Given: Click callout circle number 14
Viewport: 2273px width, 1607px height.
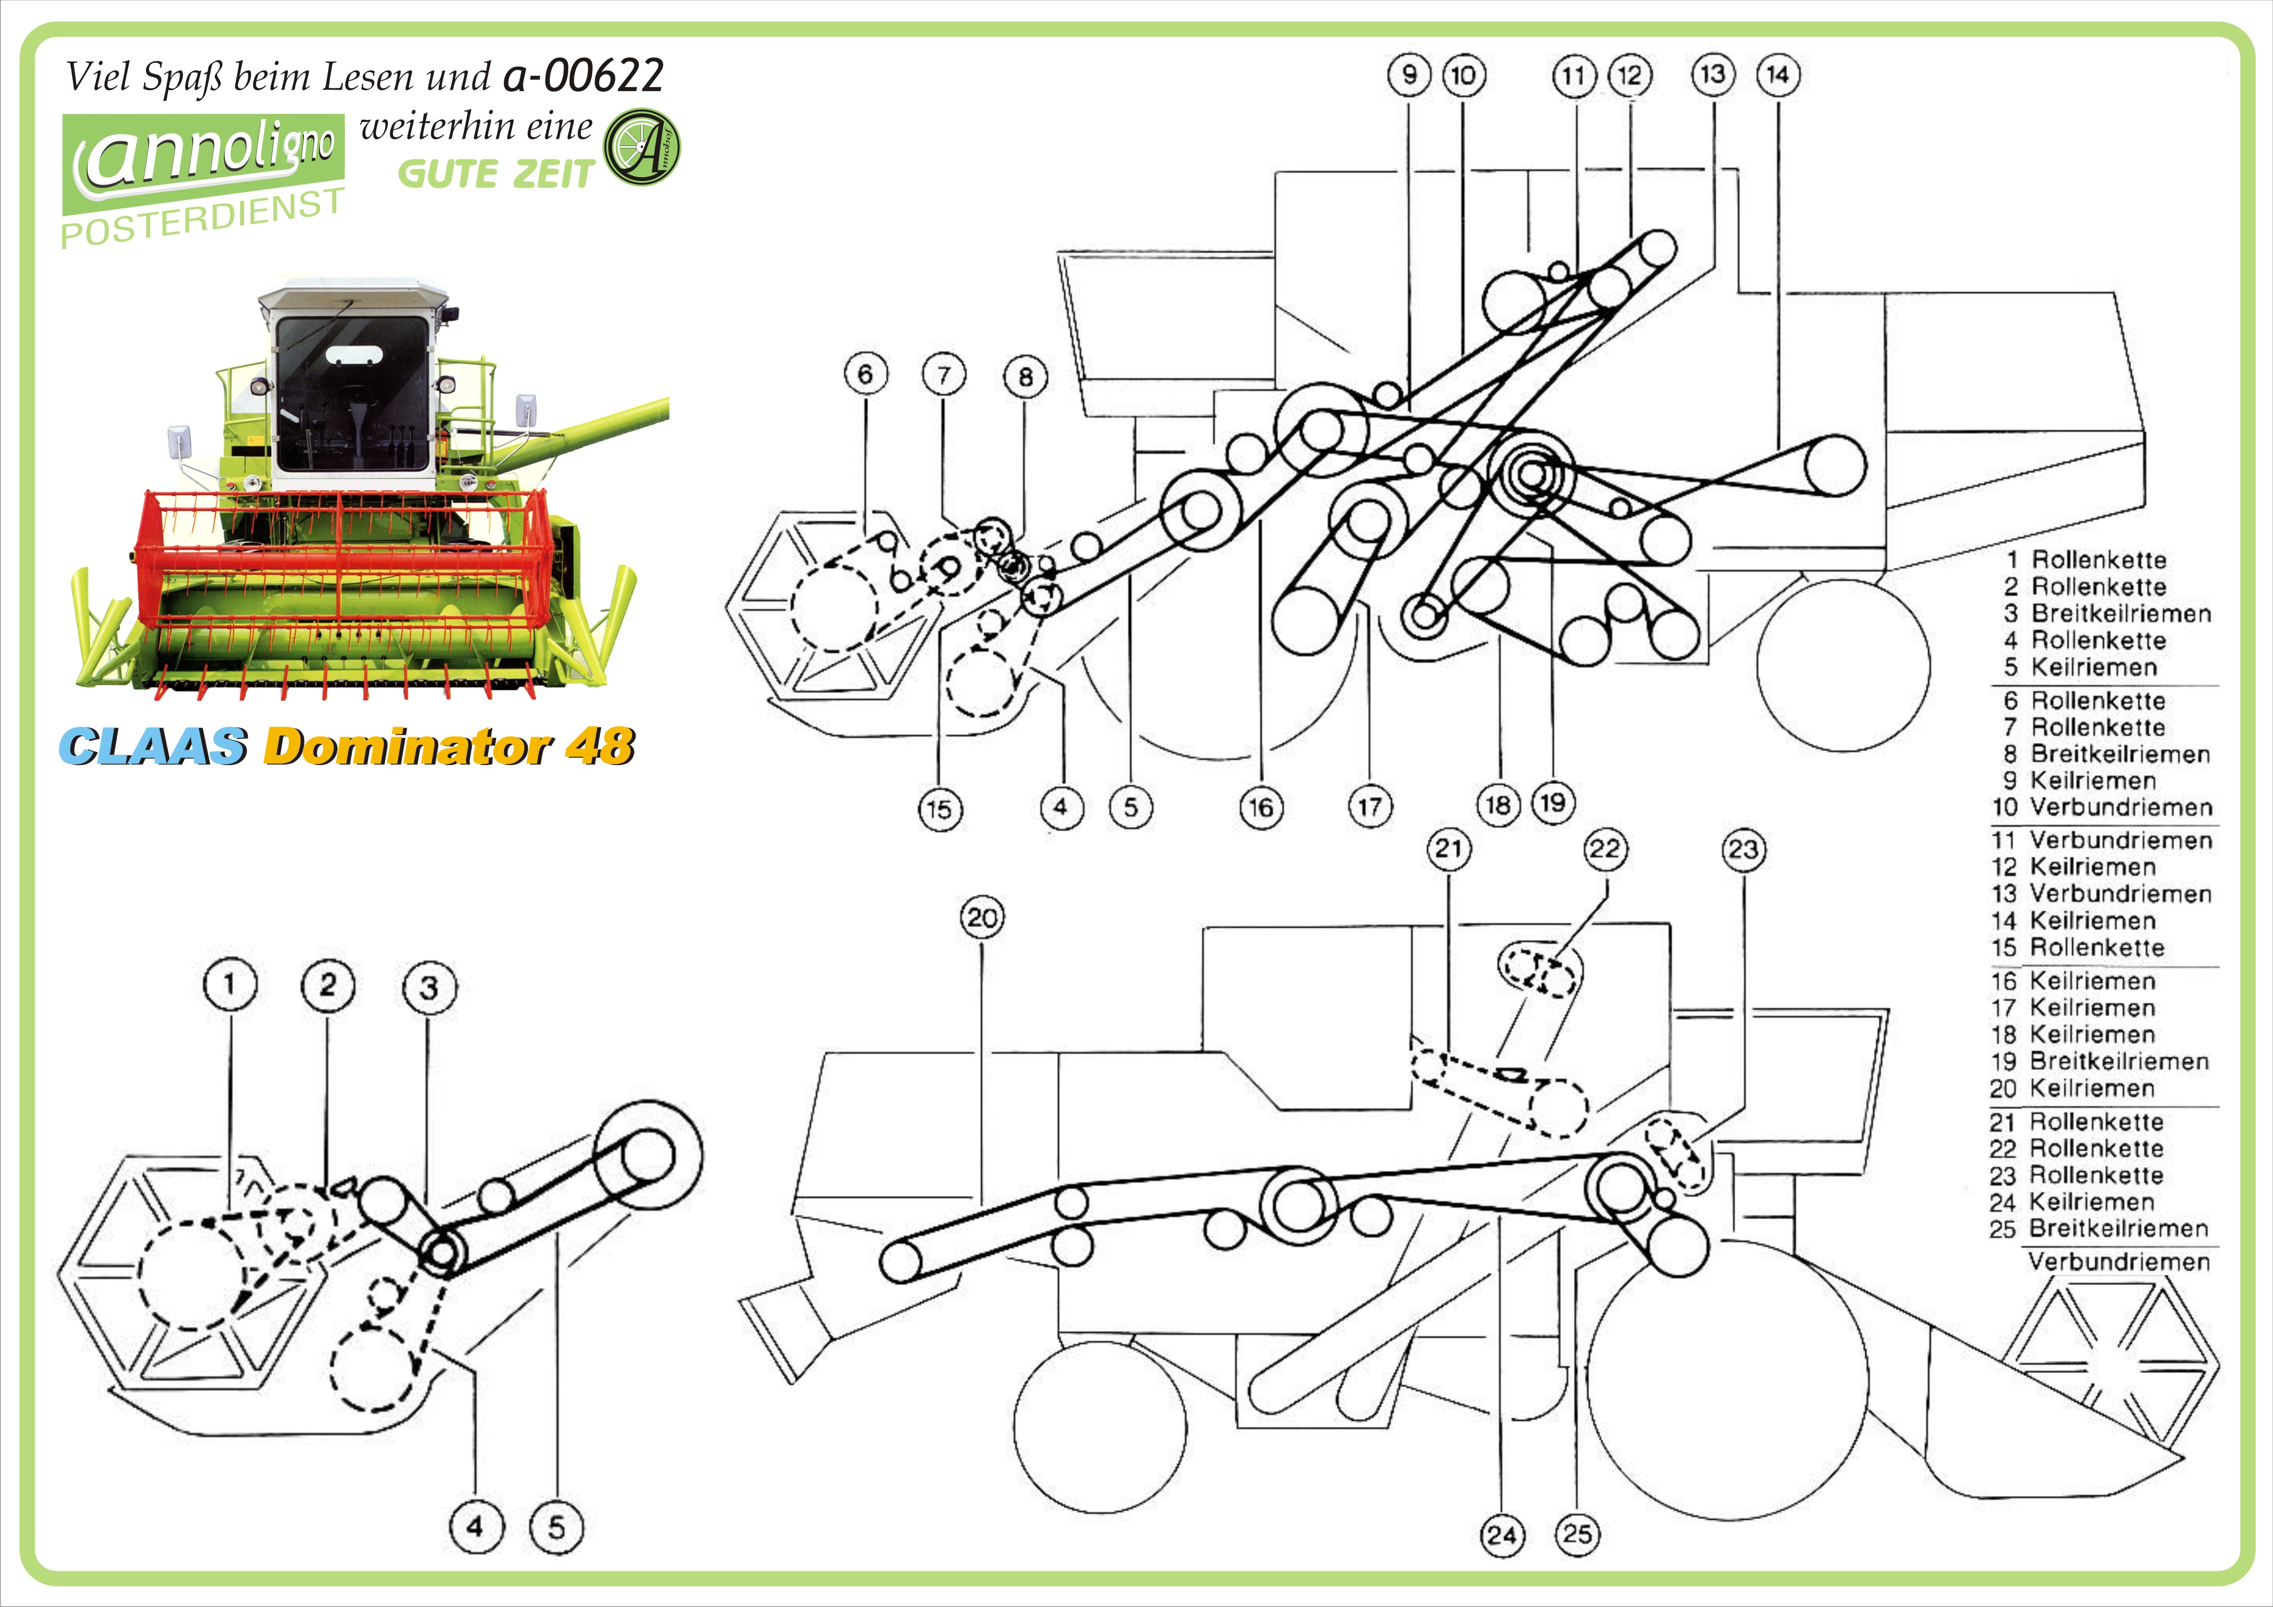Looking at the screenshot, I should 1778,74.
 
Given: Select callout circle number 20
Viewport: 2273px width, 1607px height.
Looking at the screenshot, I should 982,918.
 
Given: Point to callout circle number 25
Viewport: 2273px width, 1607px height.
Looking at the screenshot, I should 1577,1535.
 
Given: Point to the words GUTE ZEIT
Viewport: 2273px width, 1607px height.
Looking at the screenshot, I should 495,174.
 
